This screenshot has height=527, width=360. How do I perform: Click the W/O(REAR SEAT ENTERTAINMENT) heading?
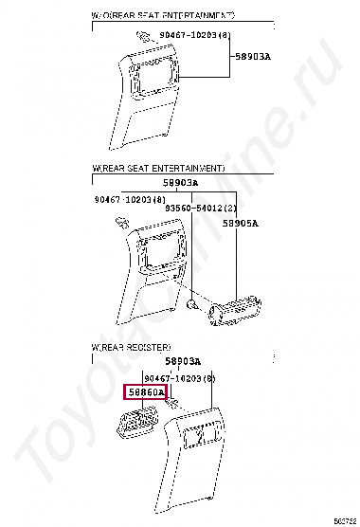[x=163, y=16]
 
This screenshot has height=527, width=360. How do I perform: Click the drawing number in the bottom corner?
[x=345, y=520]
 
